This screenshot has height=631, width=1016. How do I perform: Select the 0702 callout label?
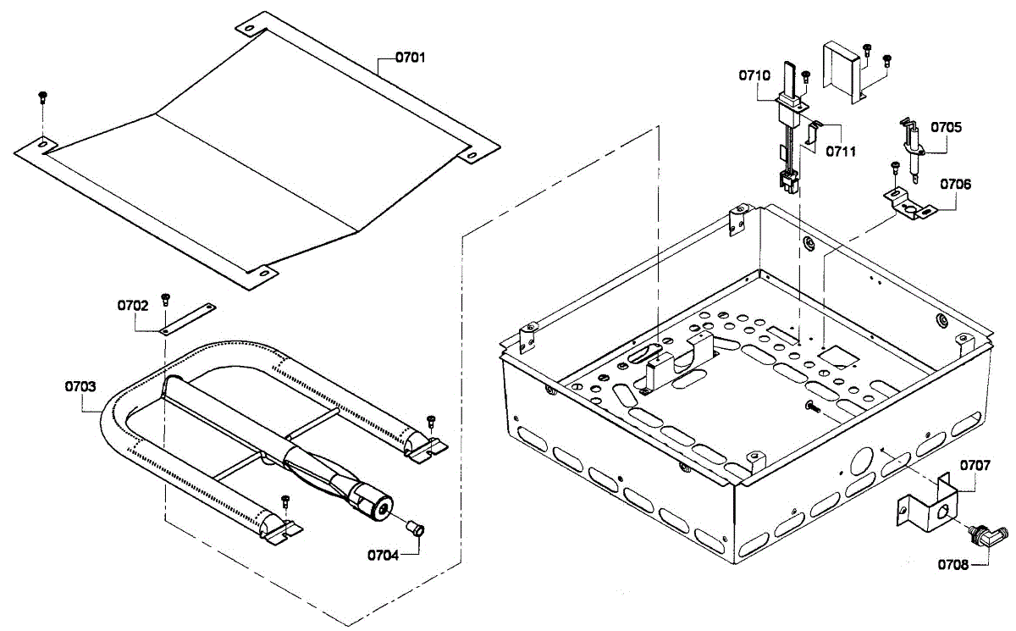click(133, 305)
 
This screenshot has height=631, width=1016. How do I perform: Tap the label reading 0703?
click(81, 386)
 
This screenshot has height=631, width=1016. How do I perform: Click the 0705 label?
click(946, 127)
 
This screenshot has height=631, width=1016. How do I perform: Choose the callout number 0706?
click(956, 184)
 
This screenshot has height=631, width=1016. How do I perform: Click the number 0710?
click(754, 75)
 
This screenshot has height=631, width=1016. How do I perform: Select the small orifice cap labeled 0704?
click(416, 529)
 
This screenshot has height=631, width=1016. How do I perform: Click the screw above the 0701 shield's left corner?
click(41, 97)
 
